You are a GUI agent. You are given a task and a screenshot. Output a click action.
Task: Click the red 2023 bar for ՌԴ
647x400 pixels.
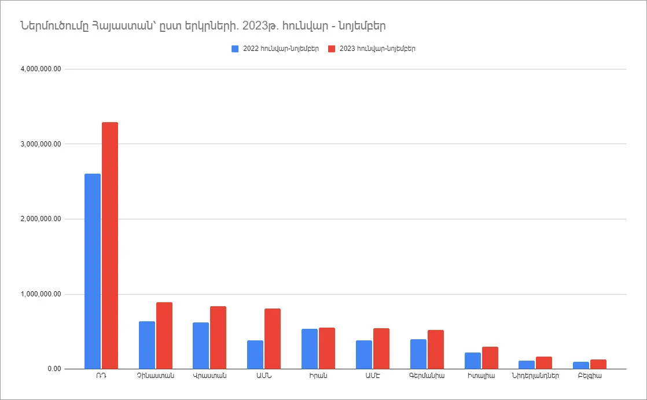coord(110,245)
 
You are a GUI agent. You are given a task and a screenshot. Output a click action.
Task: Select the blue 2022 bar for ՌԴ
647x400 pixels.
coord(93,271)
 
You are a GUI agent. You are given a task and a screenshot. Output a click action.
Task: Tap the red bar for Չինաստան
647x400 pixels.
coord(164,336)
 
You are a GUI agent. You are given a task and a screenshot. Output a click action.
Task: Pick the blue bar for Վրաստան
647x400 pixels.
coord(201,346)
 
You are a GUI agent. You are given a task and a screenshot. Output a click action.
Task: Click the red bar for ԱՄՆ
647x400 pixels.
coord(273,339)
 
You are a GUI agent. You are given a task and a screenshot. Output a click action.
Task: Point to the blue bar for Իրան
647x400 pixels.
coord(310,349)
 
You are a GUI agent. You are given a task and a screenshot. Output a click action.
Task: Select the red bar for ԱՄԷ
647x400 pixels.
coord(381,348)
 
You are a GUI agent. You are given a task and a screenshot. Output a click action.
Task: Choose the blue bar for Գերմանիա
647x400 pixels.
coord(418,354)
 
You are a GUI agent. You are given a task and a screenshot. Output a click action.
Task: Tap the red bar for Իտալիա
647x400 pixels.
coord(490,358)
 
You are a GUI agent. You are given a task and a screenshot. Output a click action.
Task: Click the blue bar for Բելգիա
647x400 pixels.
coord(581,365)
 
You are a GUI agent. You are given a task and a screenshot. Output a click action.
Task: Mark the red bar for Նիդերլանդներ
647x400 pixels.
coord(544,363)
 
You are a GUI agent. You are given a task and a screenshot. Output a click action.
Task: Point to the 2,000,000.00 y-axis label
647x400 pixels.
coord(41,219)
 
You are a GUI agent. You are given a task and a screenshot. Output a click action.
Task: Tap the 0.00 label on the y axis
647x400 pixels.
coord(54,369)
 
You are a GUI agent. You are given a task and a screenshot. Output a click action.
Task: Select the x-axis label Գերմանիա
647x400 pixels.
coord(427,376)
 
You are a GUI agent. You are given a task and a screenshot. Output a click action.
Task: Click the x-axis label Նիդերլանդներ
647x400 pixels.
coord(535,376)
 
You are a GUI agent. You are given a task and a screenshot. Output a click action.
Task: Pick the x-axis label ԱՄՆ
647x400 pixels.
coord(264,376)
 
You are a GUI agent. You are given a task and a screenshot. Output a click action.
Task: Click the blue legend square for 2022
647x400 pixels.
coord(235,49)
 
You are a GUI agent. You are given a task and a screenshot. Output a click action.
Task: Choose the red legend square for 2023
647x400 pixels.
coord(332,49)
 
